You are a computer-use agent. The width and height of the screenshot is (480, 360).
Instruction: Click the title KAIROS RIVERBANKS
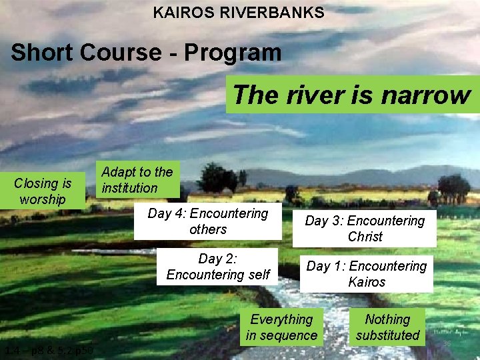tap(239, 13)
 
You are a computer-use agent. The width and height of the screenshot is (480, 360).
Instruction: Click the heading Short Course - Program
tap(146, 52)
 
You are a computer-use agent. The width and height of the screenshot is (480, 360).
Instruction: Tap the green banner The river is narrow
tap(351, 95)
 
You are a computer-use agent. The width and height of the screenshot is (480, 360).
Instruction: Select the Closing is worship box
tap(43, 191)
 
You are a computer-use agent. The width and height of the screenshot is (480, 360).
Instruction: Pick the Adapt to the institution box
tap(137, 180)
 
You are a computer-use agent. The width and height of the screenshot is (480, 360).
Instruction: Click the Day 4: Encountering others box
tap(207, 221)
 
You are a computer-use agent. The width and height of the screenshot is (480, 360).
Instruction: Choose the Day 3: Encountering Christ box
tap(365, 229)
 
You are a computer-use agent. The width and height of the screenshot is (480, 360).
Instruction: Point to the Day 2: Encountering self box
tap(217, 267)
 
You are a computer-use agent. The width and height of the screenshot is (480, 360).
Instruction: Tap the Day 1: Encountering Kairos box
tap(366, 274)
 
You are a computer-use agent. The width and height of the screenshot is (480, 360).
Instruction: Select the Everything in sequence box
tap(281, 327)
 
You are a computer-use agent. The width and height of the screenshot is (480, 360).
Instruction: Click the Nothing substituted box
tap(387, 327)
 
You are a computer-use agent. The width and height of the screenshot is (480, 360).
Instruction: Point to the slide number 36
tap(447, 343)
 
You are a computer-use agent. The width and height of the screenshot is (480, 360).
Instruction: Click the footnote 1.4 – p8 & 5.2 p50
tap(49, 351)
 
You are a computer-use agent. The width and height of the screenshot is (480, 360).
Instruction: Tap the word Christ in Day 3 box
tap(365, 237)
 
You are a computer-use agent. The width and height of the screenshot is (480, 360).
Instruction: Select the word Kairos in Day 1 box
tap(367, 282)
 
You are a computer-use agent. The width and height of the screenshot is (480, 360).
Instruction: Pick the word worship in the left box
tap(43, 199)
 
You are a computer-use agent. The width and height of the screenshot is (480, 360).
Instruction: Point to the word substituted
tap(387, 335)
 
